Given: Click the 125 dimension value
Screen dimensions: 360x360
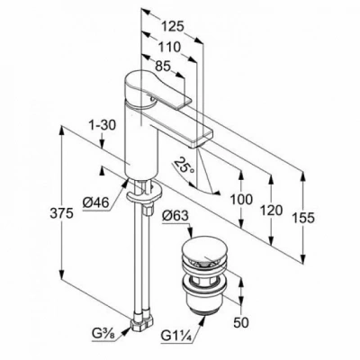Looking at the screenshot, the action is (172, 27).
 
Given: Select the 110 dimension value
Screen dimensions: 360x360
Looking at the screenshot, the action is (169, 47).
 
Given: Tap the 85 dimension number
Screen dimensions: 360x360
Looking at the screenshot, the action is (163, 66).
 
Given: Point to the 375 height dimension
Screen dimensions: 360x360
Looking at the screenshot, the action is (61, 213).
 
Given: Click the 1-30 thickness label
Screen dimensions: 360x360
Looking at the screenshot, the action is (103, 125).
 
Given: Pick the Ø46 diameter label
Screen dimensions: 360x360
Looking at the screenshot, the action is (95, 202).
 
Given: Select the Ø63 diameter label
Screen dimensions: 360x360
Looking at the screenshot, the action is (175, 217).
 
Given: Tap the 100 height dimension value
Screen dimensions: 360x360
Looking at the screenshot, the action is (241, 199).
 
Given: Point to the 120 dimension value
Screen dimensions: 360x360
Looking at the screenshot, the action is (271, 211).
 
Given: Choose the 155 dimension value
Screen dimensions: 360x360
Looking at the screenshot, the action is (303, 218).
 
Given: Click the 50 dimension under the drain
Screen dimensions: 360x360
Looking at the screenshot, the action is (241, 322).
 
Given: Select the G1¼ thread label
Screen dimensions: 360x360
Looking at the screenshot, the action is (176, 334).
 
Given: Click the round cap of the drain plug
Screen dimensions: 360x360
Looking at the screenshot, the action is (204, 251).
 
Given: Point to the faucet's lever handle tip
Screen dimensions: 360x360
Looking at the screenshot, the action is (185, 102).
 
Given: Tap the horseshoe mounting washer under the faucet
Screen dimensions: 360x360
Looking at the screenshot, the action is (145, 193).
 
